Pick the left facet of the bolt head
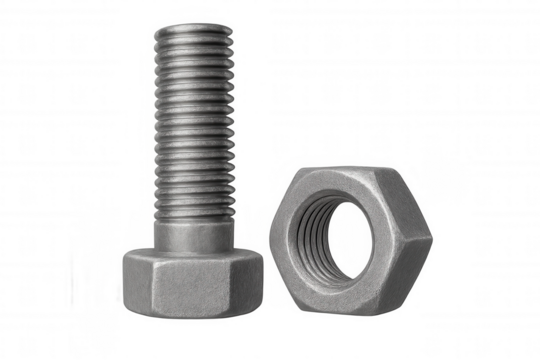pos(140,280)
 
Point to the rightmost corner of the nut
pos(433,233)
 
